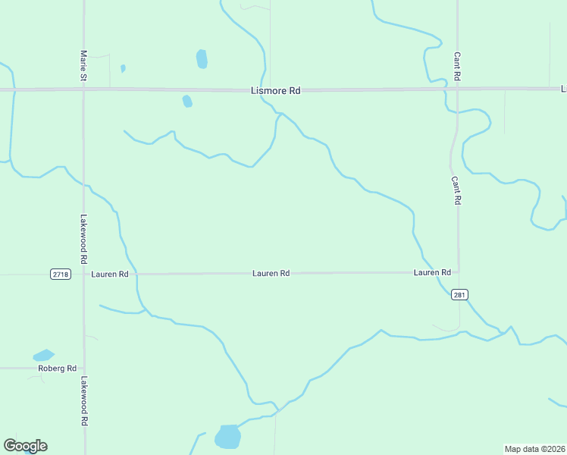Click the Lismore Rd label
275,90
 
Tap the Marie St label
83,67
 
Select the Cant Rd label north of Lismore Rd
457,67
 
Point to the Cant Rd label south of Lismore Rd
456,191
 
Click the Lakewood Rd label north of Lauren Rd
84,232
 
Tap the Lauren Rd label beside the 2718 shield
110,274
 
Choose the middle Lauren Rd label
271,273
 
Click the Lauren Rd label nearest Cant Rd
432,272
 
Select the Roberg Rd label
58,369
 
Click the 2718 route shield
61,274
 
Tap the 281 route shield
458,294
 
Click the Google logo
25,446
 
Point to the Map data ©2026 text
534,449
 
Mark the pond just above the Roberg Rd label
43,355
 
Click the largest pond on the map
227,437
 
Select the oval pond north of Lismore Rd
202,58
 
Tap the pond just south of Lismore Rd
187,101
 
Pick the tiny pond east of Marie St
123,68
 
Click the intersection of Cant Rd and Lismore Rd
457,89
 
